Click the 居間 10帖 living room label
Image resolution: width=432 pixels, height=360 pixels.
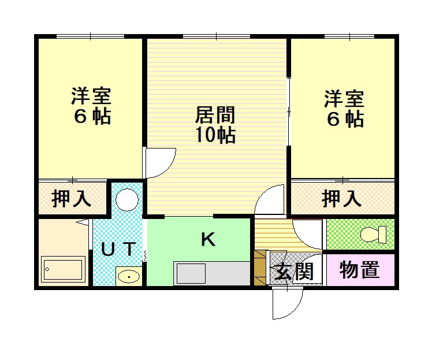215,124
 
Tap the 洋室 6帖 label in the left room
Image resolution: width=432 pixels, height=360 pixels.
91,106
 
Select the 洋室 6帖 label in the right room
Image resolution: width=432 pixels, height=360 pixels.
344,109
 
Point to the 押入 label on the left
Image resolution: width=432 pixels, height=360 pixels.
72,198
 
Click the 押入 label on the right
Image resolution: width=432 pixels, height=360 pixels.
341,198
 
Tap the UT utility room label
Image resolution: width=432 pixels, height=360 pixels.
118,249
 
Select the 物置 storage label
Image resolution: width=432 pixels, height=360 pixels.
359,270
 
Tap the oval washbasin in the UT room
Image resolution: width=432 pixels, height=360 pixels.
128,277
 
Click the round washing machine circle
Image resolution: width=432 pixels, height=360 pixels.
126,201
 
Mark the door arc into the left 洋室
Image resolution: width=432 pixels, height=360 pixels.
160,164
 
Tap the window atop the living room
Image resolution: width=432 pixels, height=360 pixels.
216,37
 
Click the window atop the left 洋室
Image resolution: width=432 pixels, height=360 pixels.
90,36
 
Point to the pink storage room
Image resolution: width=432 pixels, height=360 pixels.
360,270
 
